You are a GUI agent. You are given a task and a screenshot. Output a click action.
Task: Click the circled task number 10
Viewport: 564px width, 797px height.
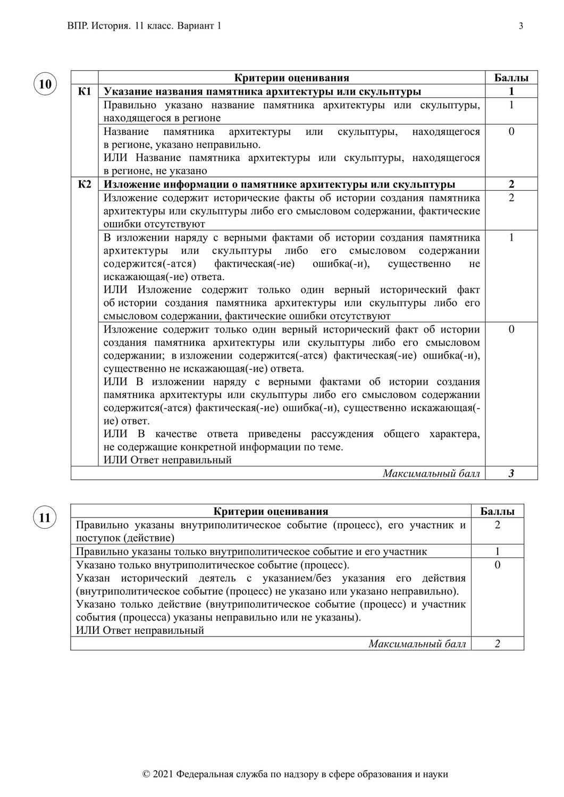45,84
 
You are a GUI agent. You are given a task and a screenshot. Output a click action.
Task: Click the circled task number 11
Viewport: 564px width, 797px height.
45,518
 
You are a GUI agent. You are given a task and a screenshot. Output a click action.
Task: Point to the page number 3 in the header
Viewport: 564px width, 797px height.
520,26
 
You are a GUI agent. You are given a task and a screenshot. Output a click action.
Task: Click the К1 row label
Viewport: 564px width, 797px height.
85,91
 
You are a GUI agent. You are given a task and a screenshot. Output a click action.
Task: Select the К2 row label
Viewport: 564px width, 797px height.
85,184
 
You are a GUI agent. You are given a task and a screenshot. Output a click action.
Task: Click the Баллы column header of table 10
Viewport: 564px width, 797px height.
511,78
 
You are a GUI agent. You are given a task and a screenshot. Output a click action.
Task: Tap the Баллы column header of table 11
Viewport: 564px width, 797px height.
497,512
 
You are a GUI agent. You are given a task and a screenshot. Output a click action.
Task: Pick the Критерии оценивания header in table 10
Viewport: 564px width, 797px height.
291,78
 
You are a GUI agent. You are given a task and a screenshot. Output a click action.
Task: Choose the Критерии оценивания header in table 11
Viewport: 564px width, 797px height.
271,512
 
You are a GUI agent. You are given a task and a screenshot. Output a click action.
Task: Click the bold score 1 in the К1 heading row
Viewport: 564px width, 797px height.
511,91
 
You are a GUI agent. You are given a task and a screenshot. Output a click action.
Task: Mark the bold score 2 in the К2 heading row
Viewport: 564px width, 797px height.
511,184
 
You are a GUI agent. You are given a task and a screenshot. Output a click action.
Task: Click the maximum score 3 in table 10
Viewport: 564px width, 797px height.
511,473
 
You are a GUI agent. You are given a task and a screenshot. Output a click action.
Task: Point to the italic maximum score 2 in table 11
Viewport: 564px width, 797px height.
497,644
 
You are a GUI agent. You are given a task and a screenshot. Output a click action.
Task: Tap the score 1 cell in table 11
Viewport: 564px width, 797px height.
497,552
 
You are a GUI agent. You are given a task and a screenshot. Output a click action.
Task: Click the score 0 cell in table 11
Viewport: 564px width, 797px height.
497,565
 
